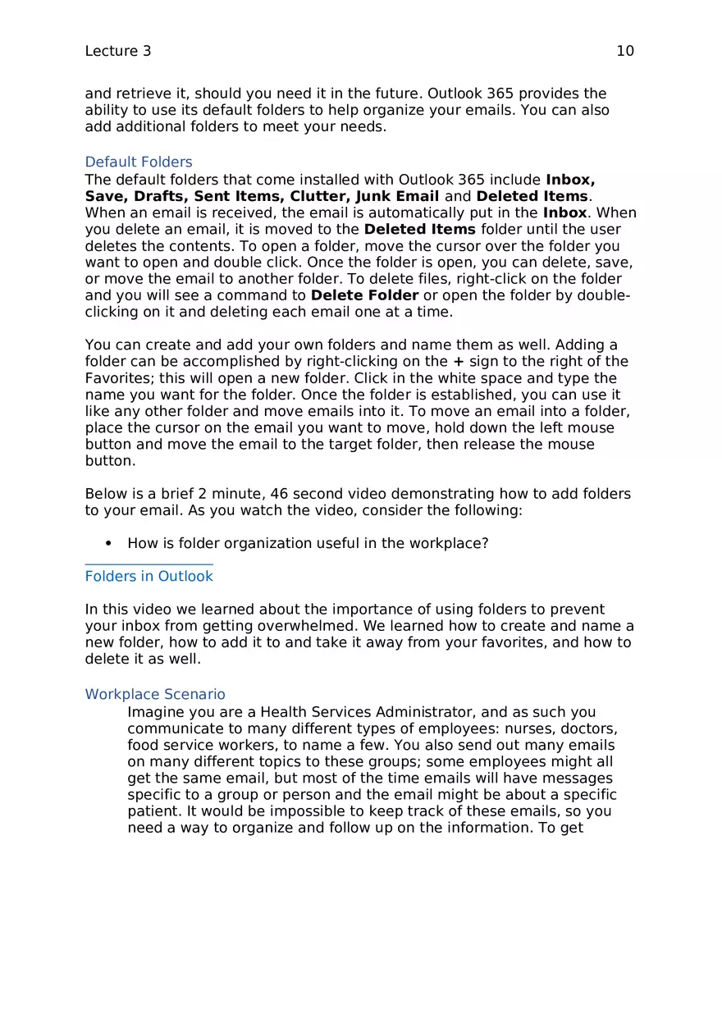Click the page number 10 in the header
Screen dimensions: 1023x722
tap(624, 51)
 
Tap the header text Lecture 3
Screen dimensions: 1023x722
tap(117, 51)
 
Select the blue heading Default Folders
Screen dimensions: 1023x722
tap(139, 162)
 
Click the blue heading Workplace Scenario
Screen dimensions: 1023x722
tap(155, 694)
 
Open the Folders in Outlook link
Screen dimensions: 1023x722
tap(149, 576)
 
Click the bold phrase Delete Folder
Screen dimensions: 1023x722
tap(365, 295)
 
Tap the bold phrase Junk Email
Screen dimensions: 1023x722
tap(397, 196)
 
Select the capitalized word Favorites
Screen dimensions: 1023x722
tap(117, 378)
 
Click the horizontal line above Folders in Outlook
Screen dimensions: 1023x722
tap(149, 564)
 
